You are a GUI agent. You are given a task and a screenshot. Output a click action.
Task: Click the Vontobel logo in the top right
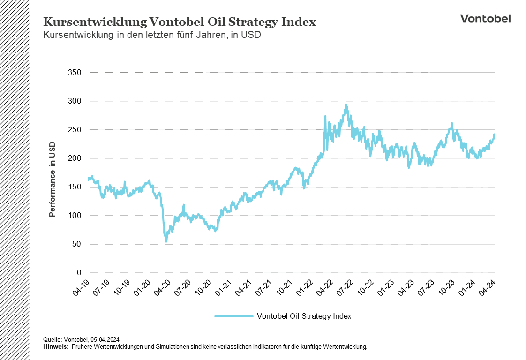click(485, 18)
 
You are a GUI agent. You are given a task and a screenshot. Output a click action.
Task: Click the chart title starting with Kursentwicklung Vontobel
click(180, 22)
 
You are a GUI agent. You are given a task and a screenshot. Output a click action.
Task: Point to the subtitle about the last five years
click(151, 35)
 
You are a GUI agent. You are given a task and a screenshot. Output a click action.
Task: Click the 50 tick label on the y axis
click(77, 244)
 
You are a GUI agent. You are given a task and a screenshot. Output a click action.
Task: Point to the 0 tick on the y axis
click(79, 273)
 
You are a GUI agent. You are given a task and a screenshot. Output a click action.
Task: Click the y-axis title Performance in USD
click(53, 180)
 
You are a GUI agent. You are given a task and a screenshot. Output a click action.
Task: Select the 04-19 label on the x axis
click(81, 287)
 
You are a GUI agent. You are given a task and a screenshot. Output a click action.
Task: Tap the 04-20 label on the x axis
click(163, 287)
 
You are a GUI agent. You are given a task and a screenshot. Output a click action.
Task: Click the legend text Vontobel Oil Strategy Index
click(304, 316)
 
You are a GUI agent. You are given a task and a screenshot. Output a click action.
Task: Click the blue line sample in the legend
click(233, 316)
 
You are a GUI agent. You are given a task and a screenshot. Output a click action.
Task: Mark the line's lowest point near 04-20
click(166, 241)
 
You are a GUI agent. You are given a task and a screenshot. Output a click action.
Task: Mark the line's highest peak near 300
click(346, 105)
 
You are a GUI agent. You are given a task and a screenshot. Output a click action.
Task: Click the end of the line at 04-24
click(494, 135)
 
